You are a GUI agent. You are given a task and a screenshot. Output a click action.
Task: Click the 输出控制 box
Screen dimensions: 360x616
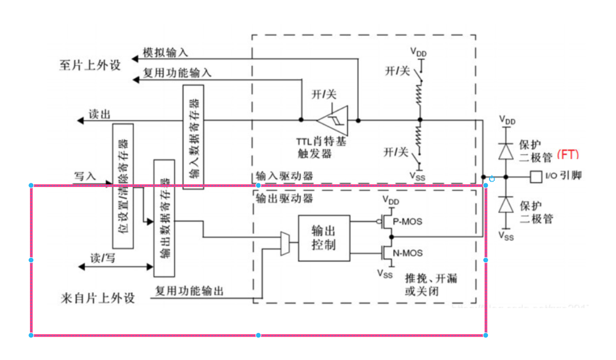pos(324,238)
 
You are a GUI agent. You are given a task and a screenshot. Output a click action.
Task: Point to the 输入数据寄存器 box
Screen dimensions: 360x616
pos(194,137)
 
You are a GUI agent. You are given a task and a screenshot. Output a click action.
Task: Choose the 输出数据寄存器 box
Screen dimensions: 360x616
pos(164,218)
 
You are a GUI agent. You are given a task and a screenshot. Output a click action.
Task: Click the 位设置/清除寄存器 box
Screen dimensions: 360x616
pos(123,186)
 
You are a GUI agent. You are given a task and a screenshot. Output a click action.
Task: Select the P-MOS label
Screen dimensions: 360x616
pos(407,221)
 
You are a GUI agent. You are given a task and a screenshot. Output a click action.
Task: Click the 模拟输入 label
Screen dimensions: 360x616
pos(165,52)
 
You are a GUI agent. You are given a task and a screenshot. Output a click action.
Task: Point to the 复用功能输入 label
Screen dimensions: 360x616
pos(177,73)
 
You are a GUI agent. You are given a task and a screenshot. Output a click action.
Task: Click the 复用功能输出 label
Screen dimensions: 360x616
pos(189,291)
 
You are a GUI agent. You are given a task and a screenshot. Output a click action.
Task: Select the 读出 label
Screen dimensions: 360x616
pos(99,115)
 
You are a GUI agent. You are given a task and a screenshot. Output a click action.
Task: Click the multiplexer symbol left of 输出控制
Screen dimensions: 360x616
pos(284,243)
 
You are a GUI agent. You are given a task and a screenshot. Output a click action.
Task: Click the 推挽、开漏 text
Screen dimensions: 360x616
pos(431,279)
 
